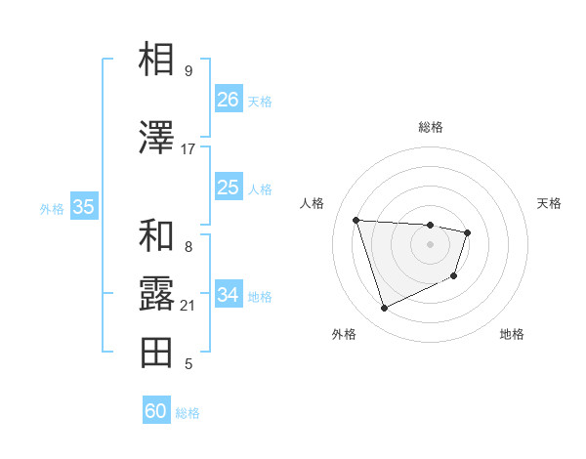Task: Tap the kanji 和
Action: [156, 235]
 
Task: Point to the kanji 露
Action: [156, 294]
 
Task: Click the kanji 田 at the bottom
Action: [156, 353]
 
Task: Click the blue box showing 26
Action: [228, 100]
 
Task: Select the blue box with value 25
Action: [228, 188]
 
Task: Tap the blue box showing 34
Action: [228, 295]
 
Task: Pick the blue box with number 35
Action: [83, 207]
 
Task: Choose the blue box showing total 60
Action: [156, 411]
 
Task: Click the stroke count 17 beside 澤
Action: [188, 149]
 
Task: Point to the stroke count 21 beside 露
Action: [188, 306]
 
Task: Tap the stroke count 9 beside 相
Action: [188, 71]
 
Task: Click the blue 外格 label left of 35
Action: [52, 208]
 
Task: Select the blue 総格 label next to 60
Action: [188, 413]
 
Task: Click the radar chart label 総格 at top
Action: [431, 127]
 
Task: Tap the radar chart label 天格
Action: [550, 203]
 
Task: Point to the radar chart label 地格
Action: [512, 334]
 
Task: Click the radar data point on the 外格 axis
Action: [384, 309]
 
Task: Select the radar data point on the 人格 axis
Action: [356, 220]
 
